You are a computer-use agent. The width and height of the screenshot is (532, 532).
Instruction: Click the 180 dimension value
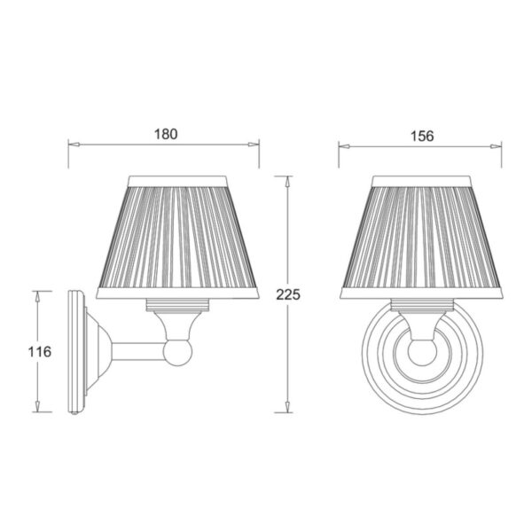(166, 135)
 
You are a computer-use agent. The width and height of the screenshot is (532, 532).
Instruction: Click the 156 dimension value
(422, 136)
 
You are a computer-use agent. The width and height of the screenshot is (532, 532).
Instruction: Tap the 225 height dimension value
(288, 294)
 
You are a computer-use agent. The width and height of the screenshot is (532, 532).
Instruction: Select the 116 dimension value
(39, 351)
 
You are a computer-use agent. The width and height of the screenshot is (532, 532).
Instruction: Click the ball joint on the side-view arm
(177, 352)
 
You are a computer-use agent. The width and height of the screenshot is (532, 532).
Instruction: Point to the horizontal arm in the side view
(137, 351)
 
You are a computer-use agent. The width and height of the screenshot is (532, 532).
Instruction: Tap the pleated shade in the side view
(177, 237)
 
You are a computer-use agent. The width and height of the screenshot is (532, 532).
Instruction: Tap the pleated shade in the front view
(421, 237)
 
